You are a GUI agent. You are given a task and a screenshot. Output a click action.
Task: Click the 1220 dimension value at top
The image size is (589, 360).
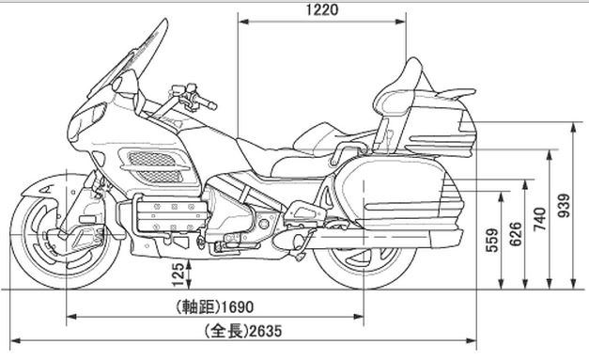[322, 11]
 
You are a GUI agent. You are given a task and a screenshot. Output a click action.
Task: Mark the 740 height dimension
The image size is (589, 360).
[538, 218]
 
